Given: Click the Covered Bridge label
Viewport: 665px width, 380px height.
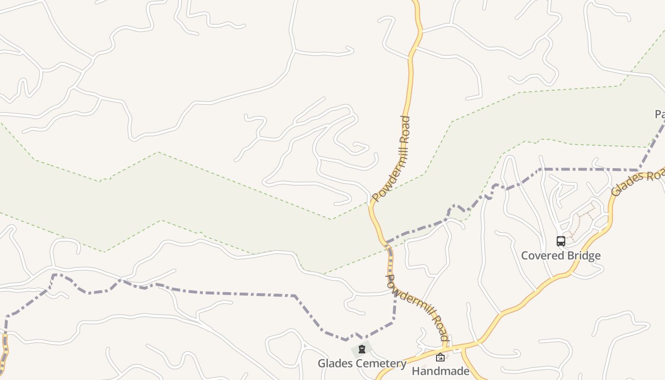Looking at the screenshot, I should pos(560,256).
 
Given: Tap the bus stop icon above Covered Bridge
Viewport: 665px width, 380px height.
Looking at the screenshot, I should pos(560,241).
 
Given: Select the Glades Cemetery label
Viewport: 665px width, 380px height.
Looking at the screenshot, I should pos(362,363).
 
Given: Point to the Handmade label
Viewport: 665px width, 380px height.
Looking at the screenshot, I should pos(440,371).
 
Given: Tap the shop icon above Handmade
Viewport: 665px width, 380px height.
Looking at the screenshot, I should pos(440,357).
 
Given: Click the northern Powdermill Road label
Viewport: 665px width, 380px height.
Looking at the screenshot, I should pos(391,159).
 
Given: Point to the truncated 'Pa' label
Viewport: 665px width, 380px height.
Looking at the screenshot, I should pos(659,114).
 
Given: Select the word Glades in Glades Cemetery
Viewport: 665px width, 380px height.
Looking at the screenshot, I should pos(333,363).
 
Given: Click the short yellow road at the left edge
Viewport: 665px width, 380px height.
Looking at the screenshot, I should pos(5,351).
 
